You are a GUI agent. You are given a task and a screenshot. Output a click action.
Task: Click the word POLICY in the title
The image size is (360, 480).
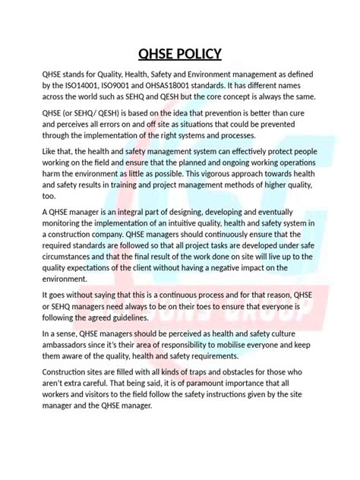coord(197,53)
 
